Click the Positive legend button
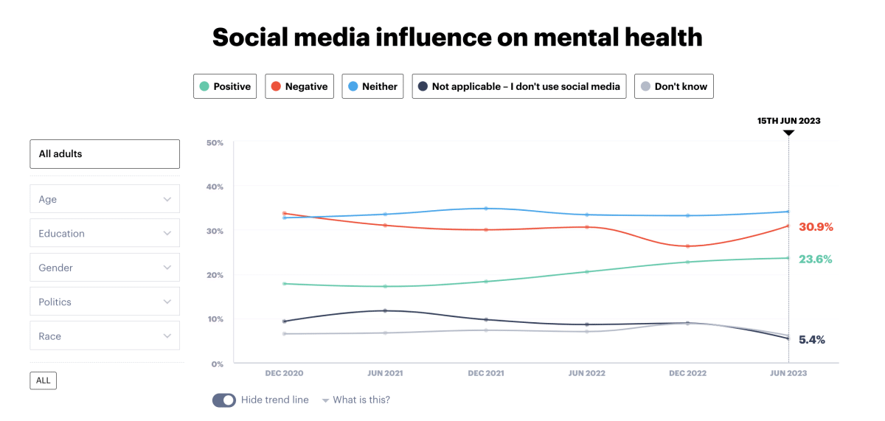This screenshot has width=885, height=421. tap(226, 86)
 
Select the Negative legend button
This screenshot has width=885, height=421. tap(299, 86)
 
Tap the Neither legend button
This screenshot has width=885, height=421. tap(372, 86)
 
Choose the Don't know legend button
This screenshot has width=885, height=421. tap(673, 86)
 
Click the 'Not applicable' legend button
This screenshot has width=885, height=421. tap(519, 86)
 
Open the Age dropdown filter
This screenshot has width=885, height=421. tap(105, 199)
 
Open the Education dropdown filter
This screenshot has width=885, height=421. tap(105, 233)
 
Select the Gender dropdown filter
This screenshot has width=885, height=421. tap(105, 268)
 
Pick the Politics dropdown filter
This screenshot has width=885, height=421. tap(105, 302)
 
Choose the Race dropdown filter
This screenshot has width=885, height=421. tap(105, 336)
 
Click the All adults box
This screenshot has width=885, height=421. tap(105, 154)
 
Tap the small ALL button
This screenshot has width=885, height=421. tap(44, 380)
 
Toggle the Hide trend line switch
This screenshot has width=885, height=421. tap(224, 400)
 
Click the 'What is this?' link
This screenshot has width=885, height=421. tap(361, 400)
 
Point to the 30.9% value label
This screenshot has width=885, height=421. tap(815, 227)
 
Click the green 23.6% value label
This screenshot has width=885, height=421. tap(815, 260)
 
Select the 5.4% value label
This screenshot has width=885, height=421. tap(811, 340)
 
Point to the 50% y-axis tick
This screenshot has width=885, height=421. tap(215, 142)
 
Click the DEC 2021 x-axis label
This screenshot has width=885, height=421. tap(486, 373)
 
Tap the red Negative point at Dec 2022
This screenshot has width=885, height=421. tap(687, 246)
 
